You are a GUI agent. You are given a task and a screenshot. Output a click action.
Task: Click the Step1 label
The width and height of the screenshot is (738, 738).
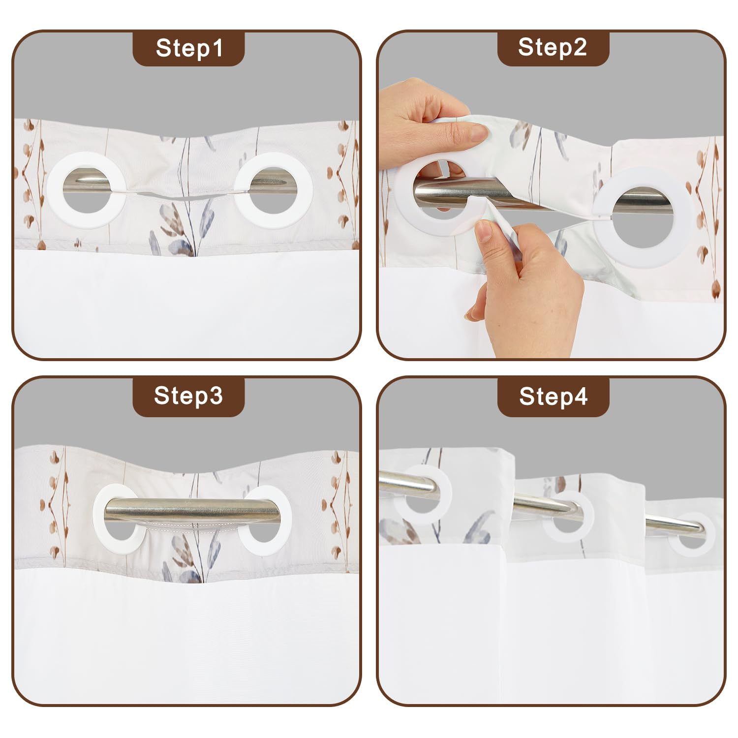coord(189,48)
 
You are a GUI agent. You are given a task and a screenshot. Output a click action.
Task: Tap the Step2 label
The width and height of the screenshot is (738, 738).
coord(553,47)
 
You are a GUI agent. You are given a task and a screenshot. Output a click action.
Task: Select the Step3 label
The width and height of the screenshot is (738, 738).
coord(188,396)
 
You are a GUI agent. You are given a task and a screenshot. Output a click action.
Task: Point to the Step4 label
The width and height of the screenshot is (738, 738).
coord(553,396)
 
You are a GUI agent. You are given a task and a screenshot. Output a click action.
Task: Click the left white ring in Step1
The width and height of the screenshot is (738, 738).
coord(55,191)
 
